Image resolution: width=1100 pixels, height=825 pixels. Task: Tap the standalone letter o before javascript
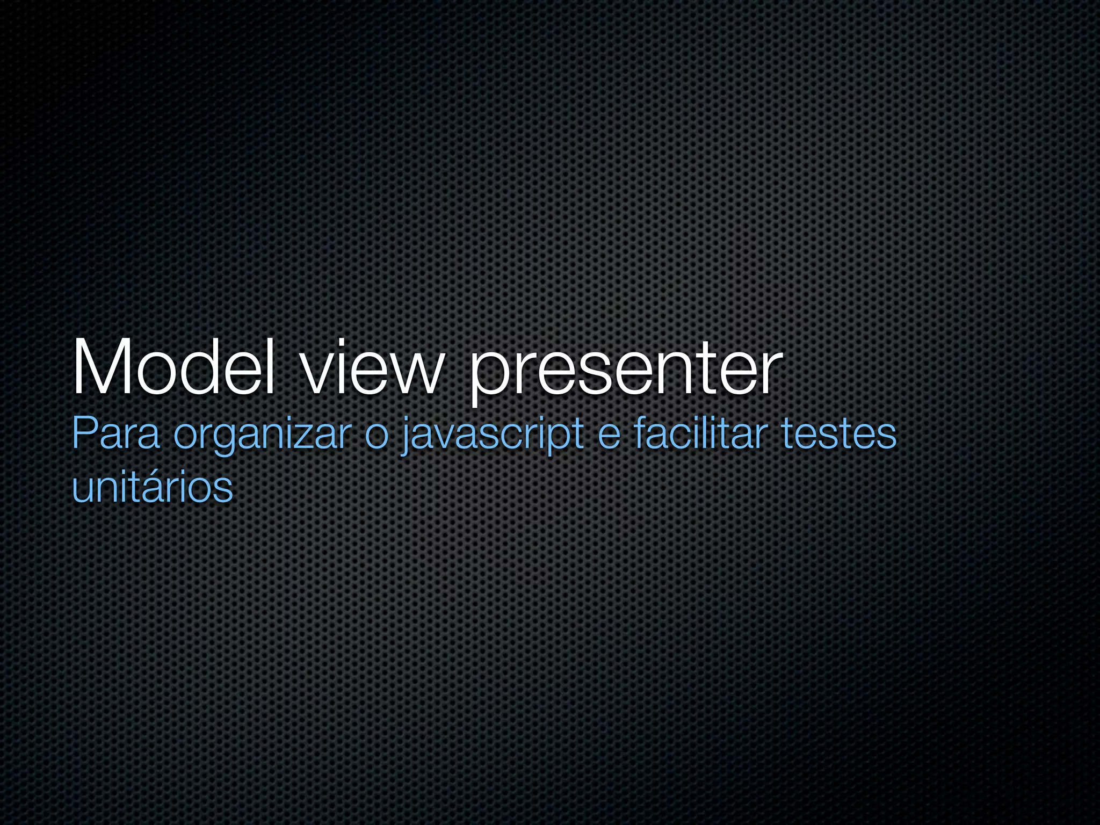(x=376, y=436)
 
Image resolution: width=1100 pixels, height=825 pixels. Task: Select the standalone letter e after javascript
(x=609, y=436)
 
